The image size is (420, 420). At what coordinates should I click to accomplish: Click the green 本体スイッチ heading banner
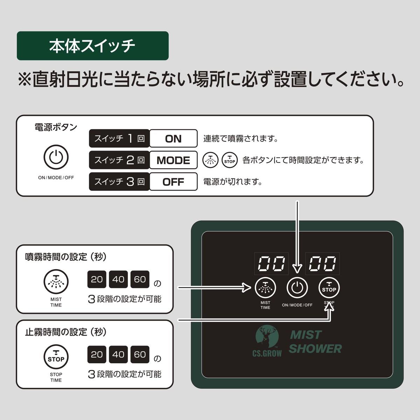92,46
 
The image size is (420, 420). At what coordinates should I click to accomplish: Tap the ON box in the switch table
173,139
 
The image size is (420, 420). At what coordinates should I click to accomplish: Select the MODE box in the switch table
173,160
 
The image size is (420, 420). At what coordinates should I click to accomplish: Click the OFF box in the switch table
173,182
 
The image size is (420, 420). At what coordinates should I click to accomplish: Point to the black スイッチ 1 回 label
119,139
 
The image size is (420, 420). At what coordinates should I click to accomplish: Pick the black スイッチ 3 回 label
119,182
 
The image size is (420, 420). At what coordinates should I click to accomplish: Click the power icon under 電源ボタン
56,157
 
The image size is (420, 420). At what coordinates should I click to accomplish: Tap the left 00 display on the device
271,263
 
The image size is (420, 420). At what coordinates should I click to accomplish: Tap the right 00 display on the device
322,263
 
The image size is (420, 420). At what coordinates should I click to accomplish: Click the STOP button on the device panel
329,288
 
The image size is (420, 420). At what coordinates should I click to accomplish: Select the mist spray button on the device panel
265,288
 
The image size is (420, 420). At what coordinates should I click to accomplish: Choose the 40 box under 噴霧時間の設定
118,279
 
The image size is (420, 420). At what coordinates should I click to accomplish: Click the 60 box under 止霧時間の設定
140,354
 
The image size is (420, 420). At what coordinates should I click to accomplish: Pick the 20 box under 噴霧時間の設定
97,279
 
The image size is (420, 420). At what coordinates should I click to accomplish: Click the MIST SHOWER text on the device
315,342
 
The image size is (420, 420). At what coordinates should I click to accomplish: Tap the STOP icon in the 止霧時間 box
56,357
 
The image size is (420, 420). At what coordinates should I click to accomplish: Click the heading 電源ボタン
56,127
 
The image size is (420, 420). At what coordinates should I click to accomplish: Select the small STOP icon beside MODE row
230,160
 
